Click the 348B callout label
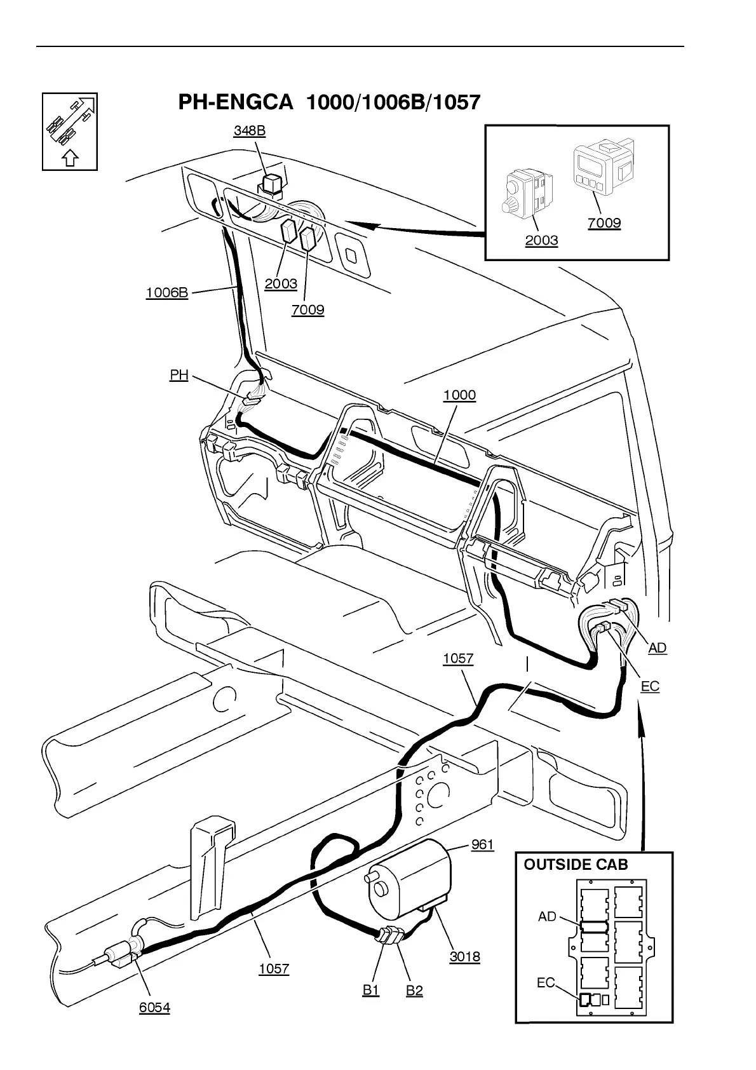(x=249, y=130)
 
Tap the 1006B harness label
(x=167, y=292)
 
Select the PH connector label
(x=179, y=375)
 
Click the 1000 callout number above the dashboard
(x=459, y=395)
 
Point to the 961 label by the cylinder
(x=482, y=844)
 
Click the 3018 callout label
(x=464, y=957)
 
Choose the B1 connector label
(x=370, y=990)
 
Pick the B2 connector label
(x=414, y=991)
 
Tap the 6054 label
(x=155, y=1008)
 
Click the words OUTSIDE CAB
(x=576, y=865)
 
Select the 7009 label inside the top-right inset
(x=604, y=223)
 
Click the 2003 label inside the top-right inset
(x=541, y=240)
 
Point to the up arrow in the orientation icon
(x=71, y=157)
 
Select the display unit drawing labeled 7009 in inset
(x=604, y=166)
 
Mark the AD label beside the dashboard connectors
(x=657, y=647)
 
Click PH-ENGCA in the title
(x=236, y=103)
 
